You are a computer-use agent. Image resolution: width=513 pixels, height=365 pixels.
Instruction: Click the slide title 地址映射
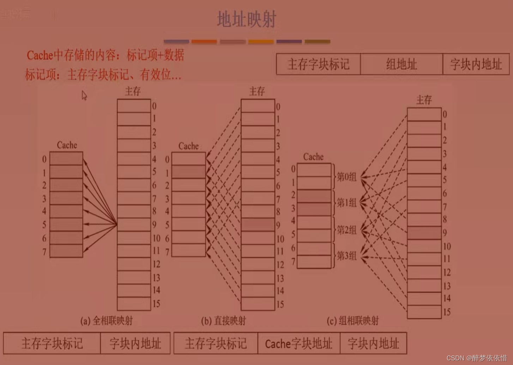[x=246, y=19]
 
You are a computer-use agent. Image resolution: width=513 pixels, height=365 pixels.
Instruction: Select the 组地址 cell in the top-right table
[x=401, y=64]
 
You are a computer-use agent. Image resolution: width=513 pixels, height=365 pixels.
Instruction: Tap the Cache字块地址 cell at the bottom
[x=298, y=343]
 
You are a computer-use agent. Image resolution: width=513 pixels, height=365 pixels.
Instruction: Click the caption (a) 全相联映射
[x=107, y=321]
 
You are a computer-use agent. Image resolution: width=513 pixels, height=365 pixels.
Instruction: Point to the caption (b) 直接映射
[x=223, y=321]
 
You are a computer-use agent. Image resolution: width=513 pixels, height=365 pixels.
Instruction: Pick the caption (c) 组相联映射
[x=352, y=321]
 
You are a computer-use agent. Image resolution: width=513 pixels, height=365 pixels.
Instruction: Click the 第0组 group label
[x=346, y=176]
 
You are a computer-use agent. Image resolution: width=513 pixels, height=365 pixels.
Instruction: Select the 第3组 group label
[x=346, y=256]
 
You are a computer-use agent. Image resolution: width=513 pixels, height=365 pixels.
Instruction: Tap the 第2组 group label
[x=346, y=230]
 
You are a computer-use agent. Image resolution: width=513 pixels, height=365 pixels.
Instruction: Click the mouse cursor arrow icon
[x=84, y=95]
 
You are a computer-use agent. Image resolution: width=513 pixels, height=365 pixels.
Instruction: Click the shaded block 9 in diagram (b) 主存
[x=258, y=225]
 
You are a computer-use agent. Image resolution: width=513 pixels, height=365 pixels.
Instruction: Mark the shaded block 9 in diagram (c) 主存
[x=424, y=233]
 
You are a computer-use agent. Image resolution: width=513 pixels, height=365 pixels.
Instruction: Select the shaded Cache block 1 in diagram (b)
[x=188, y=172]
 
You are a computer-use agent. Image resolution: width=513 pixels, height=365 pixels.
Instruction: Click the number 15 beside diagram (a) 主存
[x=156, y=304]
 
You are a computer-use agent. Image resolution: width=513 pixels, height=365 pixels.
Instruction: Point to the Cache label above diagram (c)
[x=313, y=157]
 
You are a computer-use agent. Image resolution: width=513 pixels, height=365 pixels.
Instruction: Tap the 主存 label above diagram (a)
[x=133, y=92]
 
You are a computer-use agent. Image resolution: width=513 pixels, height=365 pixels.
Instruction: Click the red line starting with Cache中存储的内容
[x=105, y=55]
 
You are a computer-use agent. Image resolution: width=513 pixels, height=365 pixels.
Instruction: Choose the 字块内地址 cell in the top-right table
[x=476, y=64]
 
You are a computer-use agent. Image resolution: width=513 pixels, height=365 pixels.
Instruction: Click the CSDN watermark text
[x=476, y=358]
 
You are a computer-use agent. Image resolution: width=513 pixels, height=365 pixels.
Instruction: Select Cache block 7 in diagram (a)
[x=66, y=251]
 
